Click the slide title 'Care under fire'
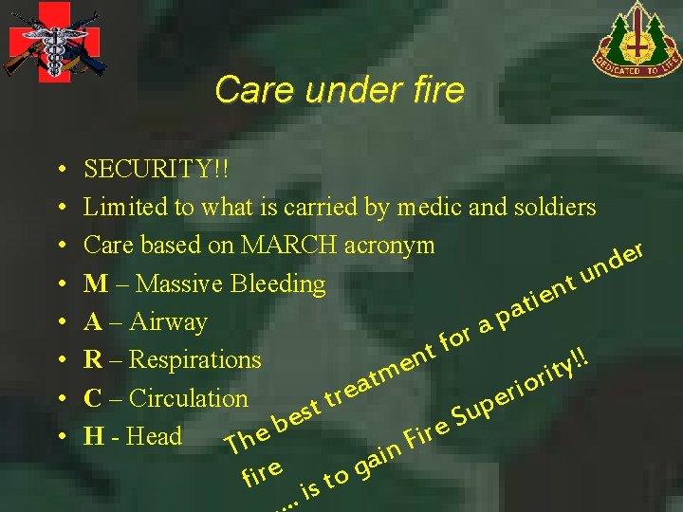pos(339,90)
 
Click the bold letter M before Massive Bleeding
pos(94,283)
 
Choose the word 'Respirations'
pos(194,360)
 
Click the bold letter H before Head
pos(93,436)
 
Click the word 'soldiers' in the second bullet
pos(557,207)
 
